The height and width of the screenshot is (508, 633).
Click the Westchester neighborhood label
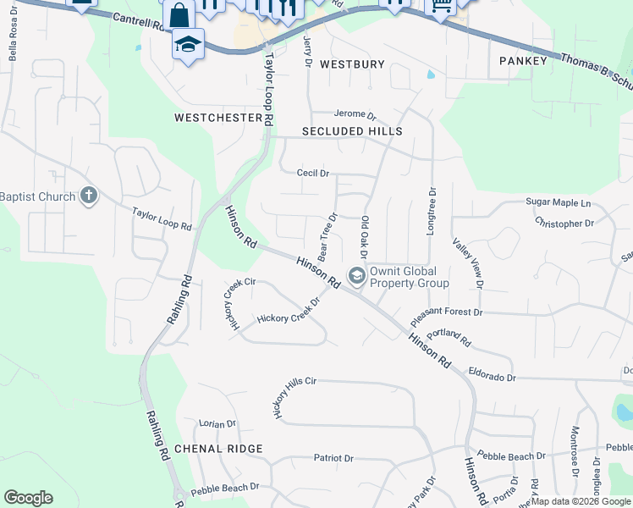[218, 118]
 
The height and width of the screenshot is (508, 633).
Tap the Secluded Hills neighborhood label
[352, 131]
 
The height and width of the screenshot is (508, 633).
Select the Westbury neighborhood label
[353, 64]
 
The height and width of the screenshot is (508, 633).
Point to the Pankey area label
[524, 61]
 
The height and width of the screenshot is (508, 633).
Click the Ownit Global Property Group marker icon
[356, 274]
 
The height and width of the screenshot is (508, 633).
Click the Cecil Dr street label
[312, 173]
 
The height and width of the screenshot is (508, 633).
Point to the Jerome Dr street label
[354, 114]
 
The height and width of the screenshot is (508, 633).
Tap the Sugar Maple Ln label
[559, 203]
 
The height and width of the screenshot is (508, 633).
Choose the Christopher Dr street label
[564, 224]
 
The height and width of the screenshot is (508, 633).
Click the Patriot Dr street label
[333, 458]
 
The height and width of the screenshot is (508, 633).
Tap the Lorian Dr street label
[217, 423]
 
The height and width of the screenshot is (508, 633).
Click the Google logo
[28, 498]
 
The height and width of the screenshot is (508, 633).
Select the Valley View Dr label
[467, 263]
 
